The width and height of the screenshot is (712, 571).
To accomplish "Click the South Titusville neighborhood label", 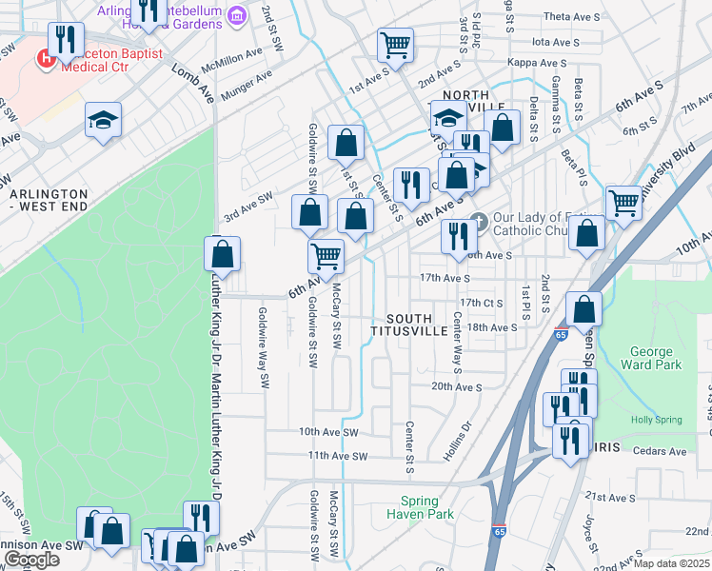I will [416, 325].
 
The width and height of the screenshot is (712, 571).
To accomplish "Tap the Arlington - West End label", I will [49, 199].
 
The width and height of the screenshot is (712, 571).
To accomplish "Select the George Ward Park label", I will [651, 358].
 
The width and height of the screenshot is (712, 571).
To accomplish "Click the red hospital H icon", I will [44, 60].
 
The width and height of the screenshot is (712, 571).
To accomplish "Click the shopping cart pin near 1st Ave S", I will [394, 44].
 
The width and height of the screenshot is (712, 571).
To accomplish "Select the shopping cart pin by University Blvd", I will [623, 202].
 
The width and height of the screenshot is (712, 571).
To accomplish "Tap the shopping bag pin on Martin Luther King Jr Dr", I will [222, 254].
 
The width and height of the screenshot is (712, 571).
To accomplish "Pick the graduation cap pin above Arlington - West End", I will [103, 120].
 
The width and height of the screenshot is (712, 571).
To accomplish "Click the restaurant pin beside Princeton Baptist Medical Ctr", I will [66, 40].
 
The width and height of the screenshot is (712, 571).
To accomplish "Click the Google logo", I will [31, 560].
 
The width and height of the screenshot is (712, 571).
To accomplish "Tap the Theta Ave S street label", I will [571, 16].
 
